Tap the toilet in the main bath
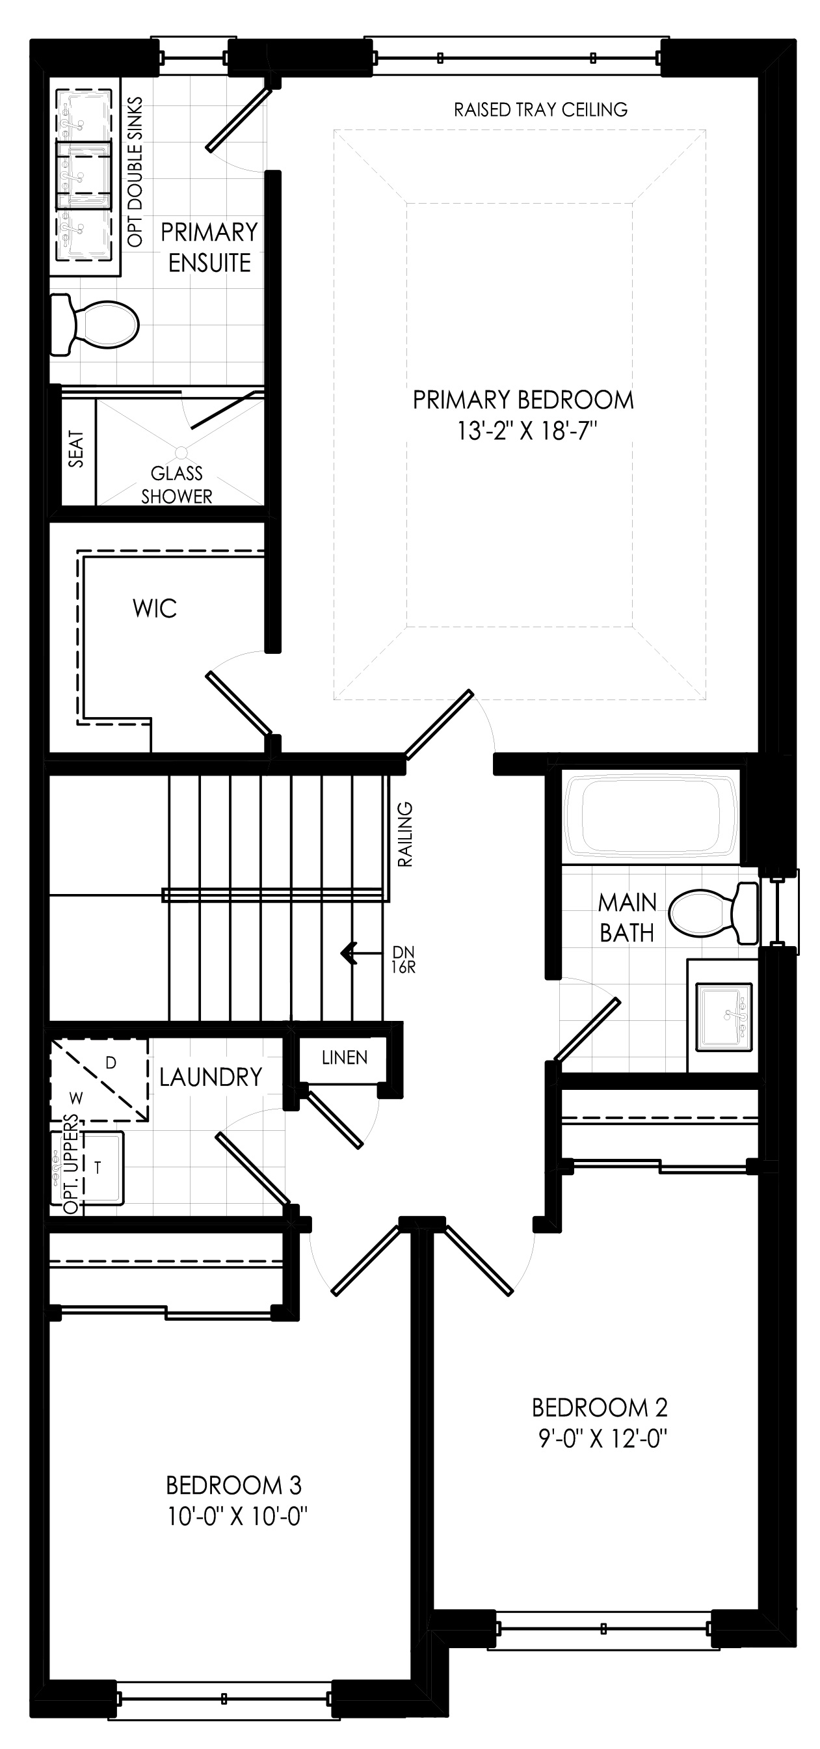[x=713, y=913]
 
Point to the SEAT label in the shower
[x=76, y=449]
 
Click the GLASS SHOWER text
[x=176, y=484]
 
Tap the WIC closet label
[x=155, y=608]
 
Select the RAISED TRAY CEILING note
[x=540, y=109]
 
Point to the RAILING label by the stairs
[x=405, y=834]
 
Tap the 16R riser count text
[x=403, y=968]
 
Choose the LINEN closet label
[x=344, y=1057]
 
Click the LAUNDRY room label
[x=211, y=1077]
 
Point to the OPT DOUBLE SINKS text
[x=135, y=172]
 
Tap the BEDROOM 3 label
[x=233, y=1485]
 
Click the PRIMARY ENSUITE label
[x=210, y=247]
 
